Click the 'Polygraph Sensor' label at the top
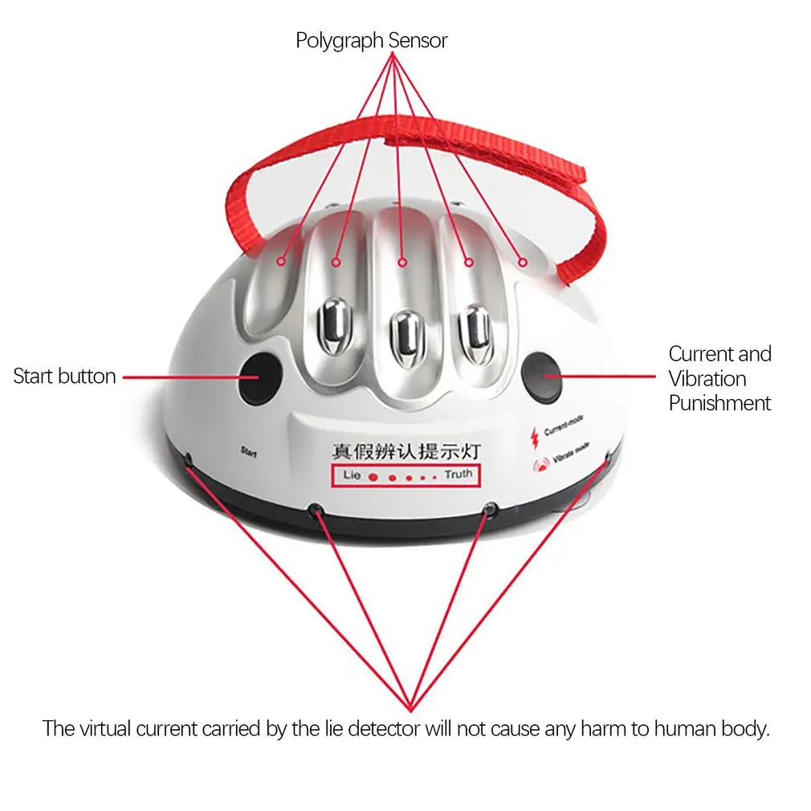(371, 40)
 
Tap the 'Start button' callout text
(64, 376)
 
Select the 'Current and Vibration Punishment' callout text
(719, 378)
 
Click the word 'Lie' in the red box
(352, 475)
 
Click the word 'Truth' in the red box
(458, 475)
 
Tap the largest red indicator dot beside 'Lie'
(372, 477)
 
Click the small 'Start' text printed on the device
(248, 451)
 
